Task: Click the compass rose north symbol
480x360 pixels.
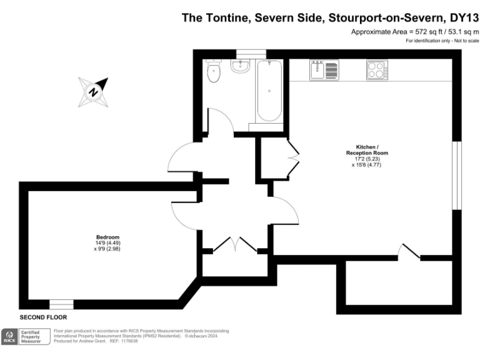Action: [94, 92]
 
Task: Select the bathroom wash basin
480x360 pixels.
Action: [241, 66]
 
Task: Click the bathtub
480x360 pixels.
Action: [269, 91]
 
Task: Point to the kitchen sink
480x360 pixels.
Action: [323, 69]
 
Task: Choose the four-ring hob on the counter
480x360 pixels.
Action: [377, 69]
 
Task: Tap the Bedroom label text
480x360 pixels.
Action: [107, 237]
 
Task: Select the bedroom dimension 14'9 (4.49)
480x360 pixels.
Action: [107, 243]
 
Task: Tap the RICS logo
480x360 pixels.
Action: [9, 337]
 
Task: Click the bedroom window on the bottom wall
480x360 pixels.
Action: [61, 304]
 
